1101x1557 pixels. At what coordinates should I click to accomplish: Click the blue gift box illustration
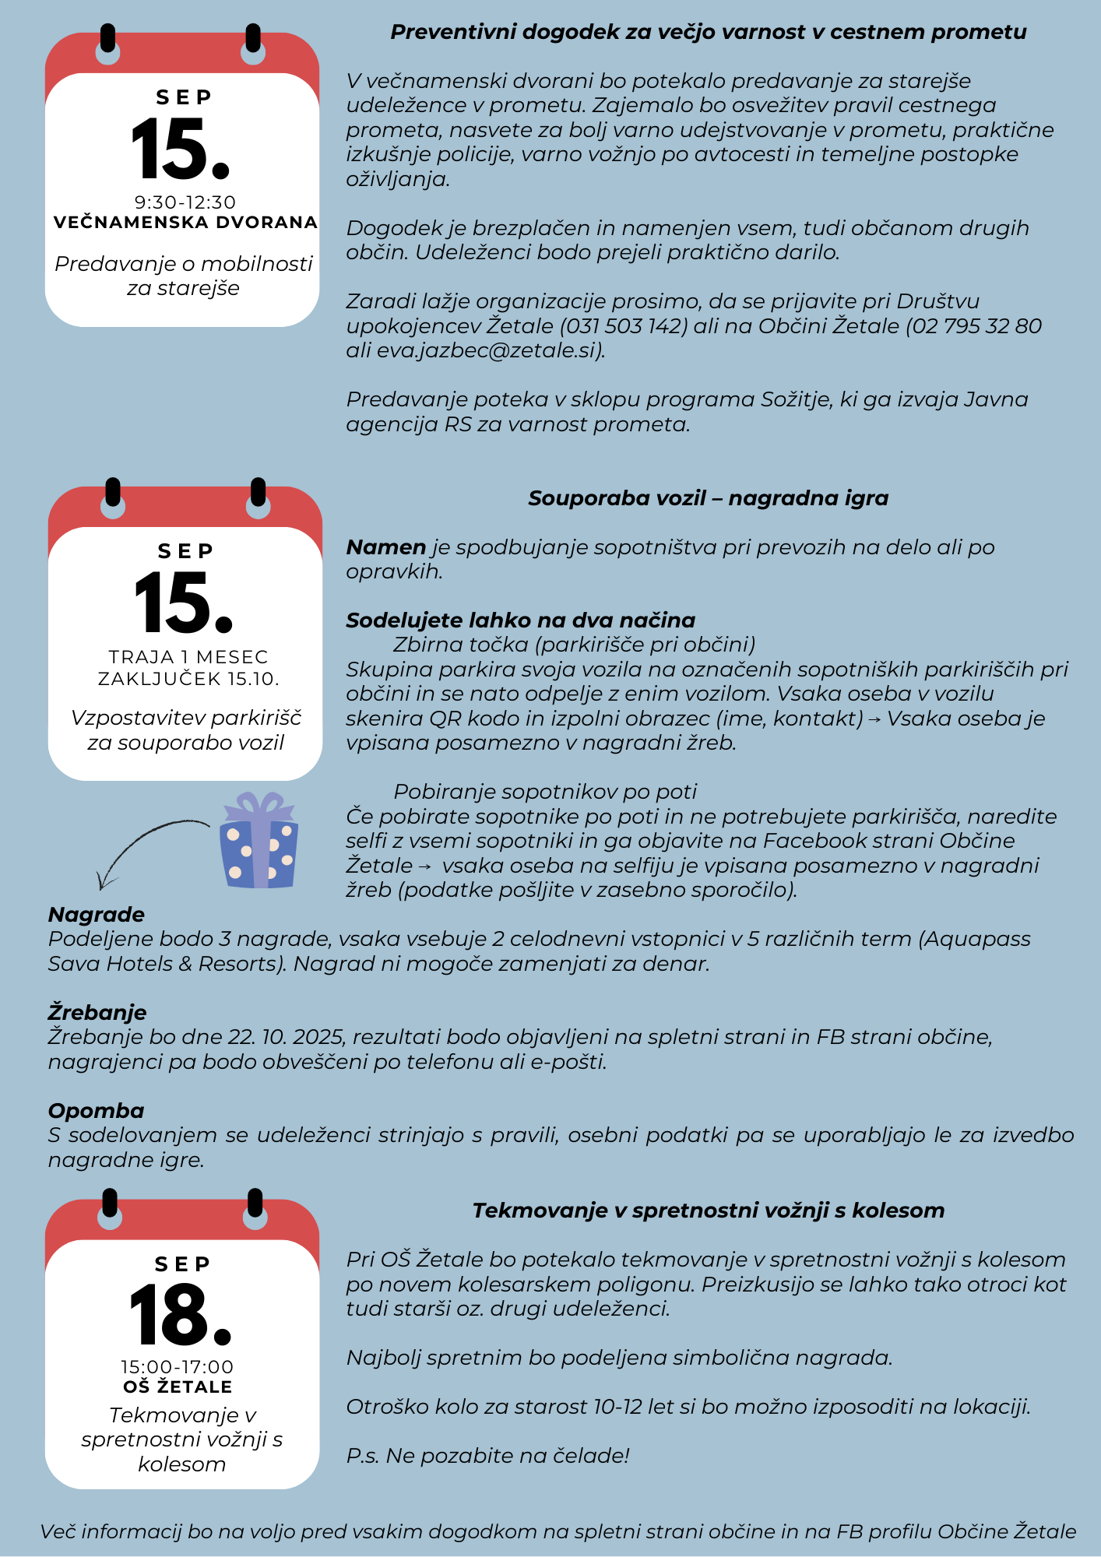point(259,842)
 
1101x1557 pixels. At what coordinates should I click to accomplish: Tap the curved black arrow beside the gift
point(148,845)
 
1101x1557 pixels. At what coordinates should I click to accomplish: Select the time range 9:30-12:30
point(185,202)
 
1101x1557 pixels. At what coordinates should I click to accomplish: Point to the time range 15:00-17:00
point(178,1367)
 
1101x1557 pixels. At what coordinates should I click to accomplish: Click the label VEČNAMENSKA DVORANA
point(185,223)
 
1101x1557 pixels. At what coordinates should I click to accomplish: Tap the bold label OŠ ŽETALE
point(178,1387)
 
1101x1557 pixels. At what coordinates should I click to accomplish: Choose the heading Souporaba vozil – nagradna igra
point(708,498)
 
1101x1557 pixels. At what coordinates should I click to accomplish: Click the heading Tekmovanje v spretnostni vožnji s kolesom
point(708,1211)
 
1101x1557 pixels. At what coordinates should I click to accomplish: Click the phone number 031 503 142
point(624,326)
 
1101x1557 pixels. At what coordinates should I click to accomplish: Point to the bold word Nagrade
point(97,915)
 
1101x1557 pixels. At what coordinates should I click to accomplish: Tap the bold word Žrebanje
point(97,1013)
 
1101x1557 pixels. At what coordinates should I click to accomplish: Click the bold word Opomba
point(97,1111)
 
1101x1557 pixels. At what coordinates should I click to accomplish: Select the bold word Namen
point(385,547)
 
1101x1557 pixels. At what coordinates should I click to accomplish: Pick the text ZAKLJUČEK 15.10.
point(188,680)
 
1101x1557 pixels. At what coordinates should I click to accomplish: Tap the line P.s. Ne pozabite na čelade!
point(487,1456)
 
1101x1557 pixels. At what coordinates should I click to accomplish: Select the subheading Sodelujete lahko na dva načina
point(520,620)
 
